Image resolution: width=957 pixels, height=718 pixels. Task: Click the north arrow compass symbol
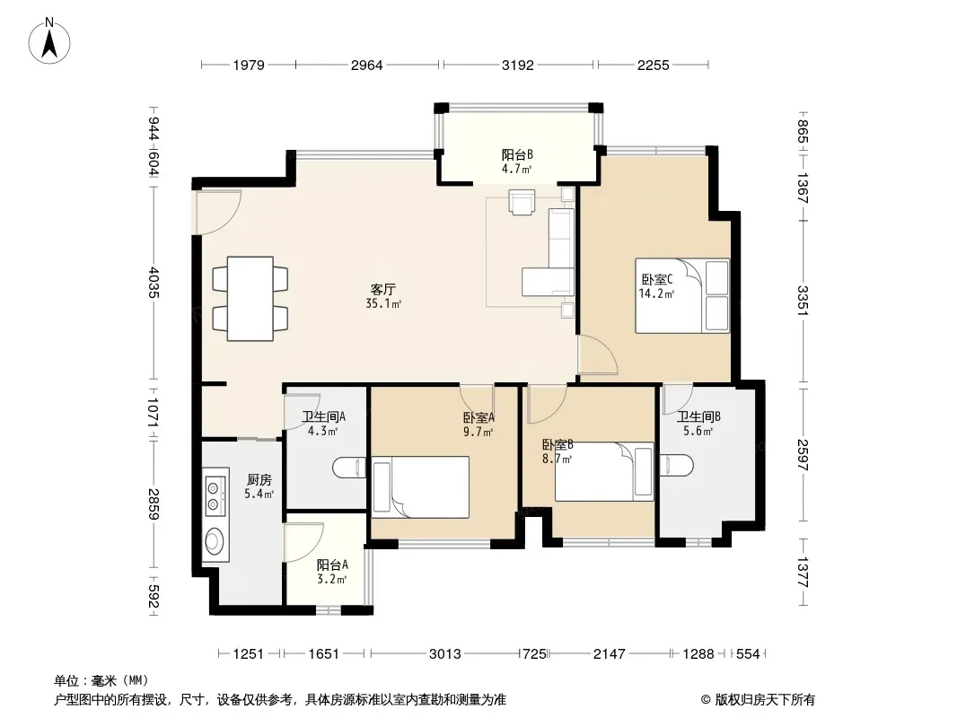[x=49, y=41]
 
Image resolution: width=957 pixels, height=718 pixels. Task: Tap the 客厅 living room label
[x=383, y=288]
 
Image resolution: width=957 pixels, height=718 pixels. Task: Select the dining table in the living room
[x=250, y=298]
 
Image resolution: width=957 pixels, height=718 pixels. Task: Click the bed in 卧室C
[x=682, y=296]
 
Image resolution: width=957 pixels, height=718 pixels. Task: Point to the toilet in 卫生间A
[x=350, y=468]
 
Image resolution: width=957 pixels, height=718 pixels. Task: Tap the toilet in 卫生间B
[x=676, y=465]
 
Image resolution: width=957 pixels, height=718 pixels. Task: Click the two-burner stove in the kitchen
[x=215, y=496]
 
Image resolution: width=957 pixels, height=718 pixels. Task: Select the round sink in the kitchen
[x=215, y=541]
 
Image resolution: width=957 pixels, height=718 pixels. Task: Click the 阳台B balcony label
[x=518, y=155]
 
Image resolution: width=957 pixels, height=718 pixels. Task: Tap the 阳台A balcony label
[x=333, y=565]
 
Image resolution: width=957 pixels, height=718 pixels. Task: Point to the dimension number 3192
[x=518, y=65]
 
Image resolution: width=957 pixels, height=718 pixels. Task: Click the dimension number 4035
[x=154, y=283]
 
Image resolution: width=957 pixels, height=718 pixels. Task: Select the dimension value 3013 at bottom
[x=445, y=654]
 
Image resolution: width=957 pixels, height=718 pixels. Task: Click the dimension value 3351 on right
[x=803, y=301]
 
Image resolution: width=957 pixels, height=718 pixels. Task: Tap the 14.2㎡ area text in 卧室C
[x=656, y=294]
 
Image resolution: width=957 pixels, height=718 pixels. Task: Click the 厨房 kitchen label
[x=259, y=480]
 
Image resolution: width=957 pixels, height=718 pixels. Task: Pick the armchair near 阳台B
[x=522, y=202]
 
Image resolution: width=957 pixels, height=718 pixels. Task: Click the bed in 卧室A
[x=420, y=487]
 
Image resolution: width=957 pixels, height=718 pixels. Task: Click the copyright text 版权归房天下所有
[x=766, y=700]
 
